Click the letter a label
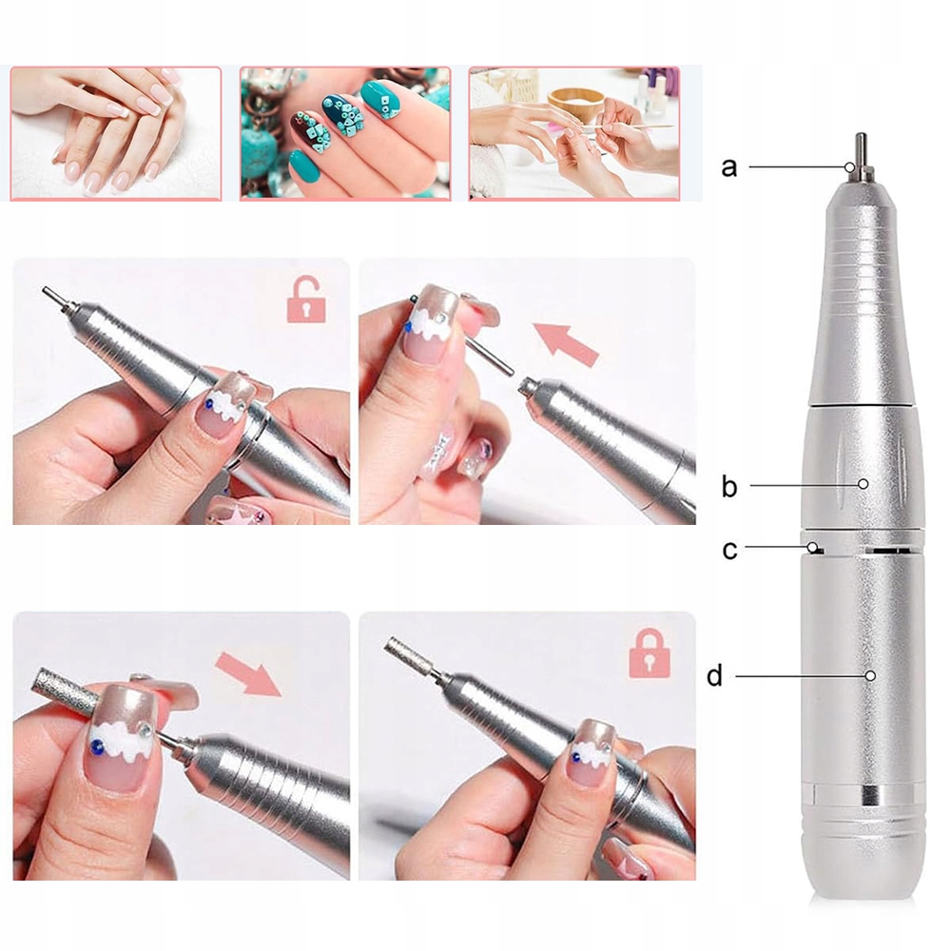(x=729, y=166)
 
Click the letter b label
(x=729, y=485)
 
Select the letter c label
(x=729, y=550)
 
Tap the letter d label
(x=714, y=674)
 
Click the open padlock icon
(x=306, y=300)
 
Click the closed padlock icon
(x=650, y=653)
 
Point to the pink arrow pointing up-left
(x=565, y=344)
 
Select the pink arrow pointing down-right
(x=248, y=674)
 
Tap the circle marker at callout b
(x=864, y=484)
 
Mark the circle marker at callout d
(x=870, y=675)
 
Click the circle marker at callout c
(x=811, y=547)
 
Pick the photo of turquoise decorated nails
(x=345, y=133)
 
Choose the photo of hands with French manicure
(x=116, y=133)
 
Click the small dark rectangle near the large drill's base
(x=870, y=793)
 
